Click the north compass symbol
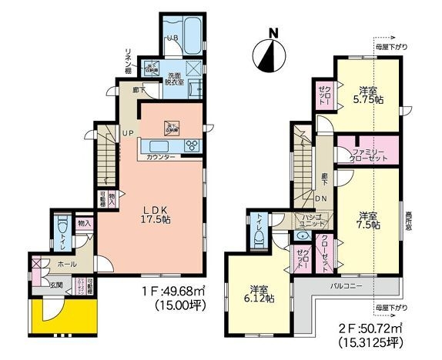click(270, 51)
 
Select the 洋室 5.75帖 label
click(362, 95)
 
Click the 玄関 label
click(56, 286)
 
